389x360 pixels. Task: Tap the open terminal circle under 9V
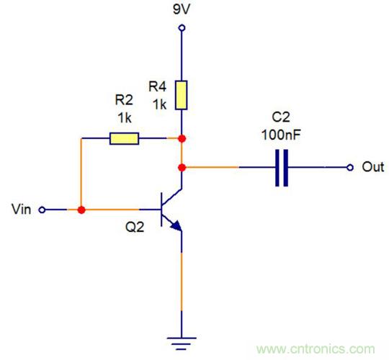click(182, 28)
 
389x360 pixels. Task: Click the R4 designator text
click(158, 86)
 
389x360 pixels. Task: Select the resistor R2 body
click(124, 138)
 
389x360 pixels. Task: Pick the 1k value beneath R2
click(124, 116)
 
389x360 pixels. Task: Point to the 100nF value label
click(282, 134)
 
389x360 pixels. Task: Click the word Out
click(372, 167)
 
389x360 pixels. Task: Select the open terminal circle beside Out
click(350, 167)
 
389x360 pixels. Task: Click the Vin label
click(22, 210)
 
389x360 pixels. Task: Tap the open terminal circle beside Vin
click(41, 210)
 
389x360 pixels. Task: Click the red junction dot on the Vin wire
click(81, 210)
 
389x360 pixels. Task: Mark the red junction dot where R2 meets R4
click(182, 138)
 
